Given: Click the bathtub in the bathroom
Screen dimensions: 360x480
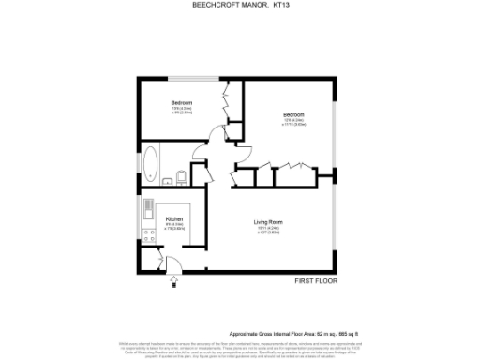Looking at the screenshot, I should pyautogui.click(x=150, y=164).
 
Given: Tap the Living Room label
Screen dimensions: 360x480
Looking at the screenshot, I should pyautogui.click(x=268, y=222).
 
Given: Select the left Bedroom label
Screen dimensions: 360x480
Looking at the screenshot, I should pyautogui.click(x=181, y=102).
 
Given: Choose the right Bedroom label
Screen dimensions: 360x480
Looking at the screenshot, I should pyautogui.click(x=293, y=115).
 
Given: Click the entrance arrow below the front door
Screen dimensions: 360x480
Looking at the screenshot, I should pyautogui.click(x=173, y=278).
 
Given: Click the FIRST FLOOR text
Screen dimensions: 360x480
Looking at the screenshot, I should pyautogui.click(x=316, y=280).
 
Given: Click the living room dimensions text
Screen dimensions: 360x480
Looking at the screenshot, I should pyautogui.click(x=268, y=230).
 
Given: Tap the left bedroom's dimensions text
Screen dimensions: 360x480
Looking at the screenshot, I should pyautogui.click(x=181, y=111).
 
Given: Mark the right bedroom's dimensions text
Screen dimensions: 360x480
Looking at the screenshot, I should pyautogui.click(x=293, y=123).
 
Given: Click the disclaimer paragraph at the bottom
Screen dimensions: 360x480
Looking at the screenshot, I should pyautogui.click(x=240, y=349).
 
